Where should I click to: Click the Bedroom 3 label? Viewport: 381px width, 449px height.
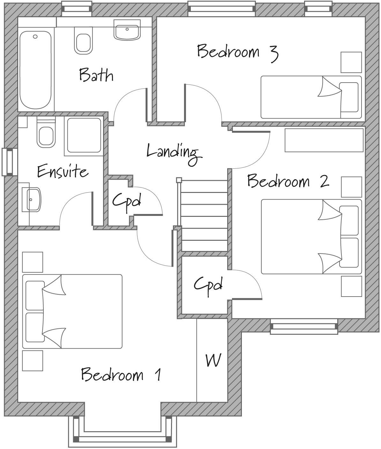pos(237,52)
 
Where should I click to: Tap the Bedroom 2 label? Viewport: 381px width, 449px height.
pos(288,181)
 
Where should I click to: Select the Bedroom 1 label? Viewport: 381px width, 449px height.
pos(121,374)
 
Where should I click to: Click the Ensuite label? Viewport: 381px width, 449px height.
pos(63,171)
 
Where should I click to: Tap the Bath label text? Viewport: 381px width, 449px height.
pos(96,75)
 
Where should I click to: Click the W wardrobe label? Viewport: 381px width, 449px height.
pos(213,360)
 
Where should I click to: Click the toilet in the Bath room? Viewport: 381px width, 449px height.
pos(84,41)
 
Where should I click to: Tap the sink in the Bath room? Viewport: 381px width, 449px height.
pos(127,30)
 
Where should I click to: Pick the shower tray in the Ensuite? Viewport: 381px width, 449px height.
pos(84,135)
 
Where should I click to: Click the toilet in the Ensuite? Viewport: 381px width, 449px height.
pos(46,134)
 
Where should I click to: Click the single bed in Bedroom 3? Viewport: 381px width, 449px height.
pos(311,97)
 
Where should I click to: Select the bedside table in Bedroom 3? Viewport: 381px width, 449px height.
pos(351,63)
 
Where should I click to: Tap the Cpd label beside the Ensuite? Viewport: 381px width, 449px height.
pos(126,201)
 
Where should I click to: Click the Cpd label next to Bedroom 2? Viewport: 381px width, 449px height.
pos(208,284)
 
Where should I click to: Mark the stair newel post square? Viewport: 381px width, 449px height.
pos(179,180)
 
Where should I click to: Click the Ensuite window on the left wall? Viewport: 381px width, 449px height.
pos(9,162)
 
